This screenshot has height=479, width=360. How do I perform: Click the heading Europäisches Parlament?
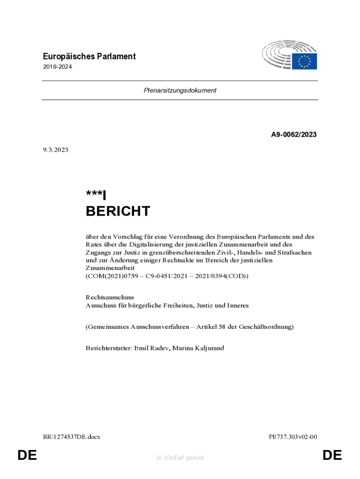click(89, 56)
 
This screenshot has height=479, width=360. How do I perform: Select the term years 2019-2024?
click(57, 67)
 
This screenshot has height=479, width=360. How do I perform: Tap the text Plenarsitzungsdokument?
click(180, 91)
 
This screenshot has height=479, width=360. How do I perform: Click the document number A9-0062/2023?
click(294, 135)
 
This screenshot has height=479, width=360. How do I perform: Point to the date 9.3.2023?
click(55, 150)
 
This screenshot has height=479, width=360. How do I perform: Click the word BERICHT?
click(117, 211)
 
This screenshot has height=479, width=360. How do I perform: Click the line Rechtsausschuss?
click(109, 297)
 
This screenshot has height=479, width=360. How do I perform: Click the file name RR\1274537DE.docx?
click(71, 437)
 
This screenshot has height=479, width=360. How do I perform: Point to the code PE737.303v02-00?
click(293, 437)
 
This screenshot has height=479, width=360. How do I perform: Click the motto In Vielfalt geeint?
click(180, 457)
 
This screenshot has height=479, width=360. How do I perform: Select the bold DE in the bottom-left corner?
click(27, 455)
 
